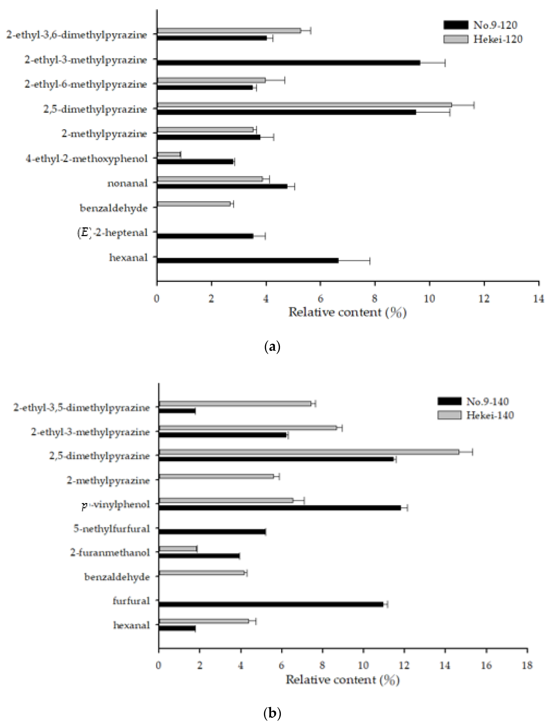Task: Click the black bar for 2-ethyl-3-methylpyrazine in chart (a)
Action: point(289,63)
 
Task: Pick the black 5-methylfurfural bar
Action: point(212,532)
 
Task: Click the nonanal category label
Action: point(128,183)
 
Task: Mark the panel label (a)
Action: point(272,347)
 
